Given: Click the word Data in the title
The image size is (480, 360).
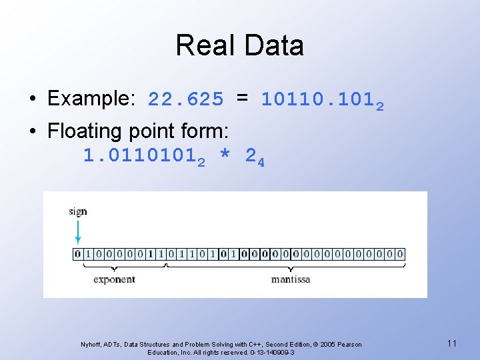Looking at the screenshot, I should (274, 45).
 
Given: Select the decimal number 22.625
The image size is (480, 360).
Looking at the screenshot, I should (186, 100).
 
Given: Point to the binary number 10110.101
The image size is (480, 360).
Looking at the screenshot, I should (318, 100).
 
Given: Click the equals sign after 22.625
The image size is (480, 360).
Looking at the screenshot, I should (243, 99).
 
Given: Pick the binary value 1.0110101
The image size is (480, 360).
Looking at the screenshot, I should (139, 157).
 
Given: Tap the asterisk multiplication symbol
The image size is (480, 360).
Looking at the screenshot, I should (225, 157).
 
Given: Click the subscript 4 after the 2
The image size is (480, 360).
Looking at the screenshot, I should (261, 162).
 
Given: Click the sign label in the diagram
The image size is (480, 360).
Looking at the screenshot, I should (78, 211).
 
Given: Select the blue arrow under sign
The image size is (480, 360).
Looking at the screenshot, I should (78, 232).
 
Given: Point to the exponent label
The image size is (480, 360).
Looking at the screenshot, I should (114, 279).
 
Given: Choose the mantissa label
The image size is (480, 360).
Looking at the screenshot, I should (291, 279).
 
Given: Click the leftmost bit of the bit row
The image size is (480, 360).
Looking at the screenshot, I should (78, 254).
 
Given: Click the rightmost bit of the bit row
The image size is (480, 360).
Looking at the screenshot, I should (400, 254).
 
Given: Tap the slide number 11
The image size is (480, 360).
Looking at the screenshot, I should (452, 343).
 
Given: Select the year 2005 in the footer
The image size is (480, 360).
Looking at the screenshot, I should (328, 345).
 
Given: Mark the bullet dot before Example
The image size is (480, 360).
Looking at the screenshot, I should (33, 100).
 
